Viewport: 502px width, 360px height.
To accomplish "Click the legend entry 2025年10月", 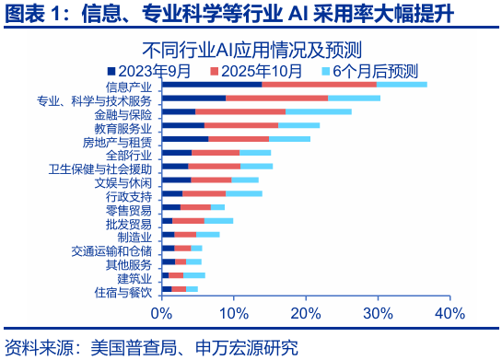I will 263,70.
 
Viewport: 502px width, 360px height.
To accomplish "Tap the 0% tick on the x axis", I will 162,313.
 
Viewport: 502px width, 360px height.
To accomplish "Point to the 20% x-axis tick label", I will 306,313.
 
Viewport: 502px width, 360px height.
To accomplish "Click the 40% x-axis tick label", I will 449,313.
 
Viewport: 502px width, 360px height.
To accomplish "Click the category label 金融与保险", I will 123,114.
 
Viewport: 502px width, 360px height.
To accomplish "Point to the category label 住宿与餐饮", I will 123,292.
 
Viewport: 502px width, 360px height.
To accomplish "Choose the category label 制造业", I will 134,237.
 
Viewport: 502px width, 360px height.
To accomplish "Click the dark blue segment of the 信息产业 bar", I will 212,84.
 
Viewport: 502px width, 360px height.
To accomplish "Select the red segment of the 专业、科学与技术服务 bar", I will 276,98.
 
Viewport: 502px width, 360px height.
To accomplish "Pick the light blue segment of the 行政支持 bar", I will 244,193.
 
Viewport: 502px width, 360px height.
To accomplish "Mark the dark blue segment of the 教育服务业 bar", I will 183,125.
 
